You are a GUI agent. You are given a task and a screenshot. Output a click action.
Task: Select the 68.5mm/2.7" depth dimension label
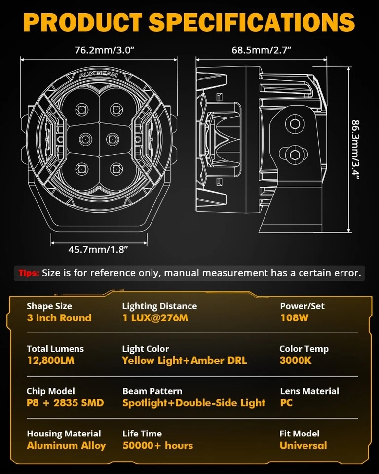click(x=261, y=50)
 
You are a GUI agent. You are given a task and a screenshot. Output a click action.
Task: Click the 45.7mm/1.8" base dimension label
click(x=99, y=249)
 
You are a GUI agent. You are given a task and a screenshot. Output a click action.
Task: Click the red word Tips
click(x=29, y=273)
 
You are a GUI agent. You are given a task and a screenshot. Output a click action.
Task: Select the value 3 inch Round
click(x=59, y=318)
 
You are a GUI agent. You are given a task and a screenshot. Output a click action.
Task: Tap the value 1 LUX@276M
click(x=155, y=318)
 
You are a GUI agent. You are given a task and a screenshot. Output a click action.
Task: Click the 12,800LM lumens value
click(x=50, y=360)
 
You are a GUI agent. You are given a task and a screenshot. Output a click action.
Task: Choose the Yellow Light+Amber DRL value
click(x=184, y=360)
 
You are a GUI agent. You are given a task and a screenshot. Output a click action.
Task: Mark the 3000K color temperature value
click(x=295, y=360)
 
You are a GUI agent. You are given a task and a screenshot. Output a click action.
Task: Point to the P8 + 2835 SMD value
click(x=65, y=403)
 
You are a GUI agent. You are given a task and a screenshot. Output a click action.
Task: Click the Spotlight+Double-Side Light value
click(x=193, y=403)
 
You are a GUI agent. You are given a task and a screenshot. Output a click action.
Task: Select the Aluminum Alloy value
click(x=66, y=446)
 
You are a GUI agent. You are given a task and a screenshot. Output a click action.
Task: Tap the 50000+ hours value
click(x=157, y=446)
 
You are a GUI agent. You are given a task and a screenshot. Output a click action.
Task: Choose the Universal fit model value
click(x=303, y=446)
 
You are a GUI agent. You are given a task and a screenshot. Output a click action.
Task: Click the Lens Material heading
click(x=309, y=391)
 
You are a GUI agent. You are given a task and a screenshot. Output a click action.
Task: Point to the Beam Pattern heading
click(x=152, y=391)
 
